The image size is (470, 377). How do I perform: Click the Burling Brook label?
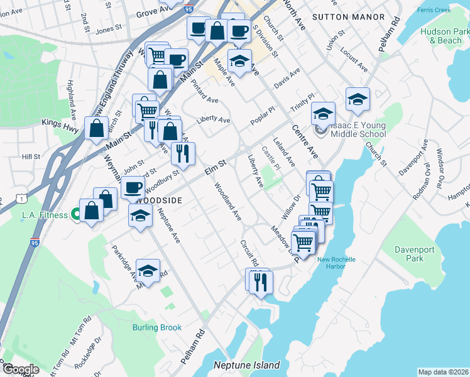point(156,327)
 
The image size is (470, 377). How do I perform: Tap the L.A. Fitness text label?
point(45,215)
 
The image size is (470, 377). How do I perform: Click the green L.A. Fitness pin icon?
point(77,215)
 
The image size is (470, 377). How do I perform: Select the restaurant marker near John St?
point(183,152)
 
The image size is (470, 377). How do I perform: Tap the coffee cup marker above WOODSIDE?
point(133,187)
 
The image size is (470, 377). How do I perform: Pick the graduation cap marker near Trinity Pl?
point(323,114)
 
